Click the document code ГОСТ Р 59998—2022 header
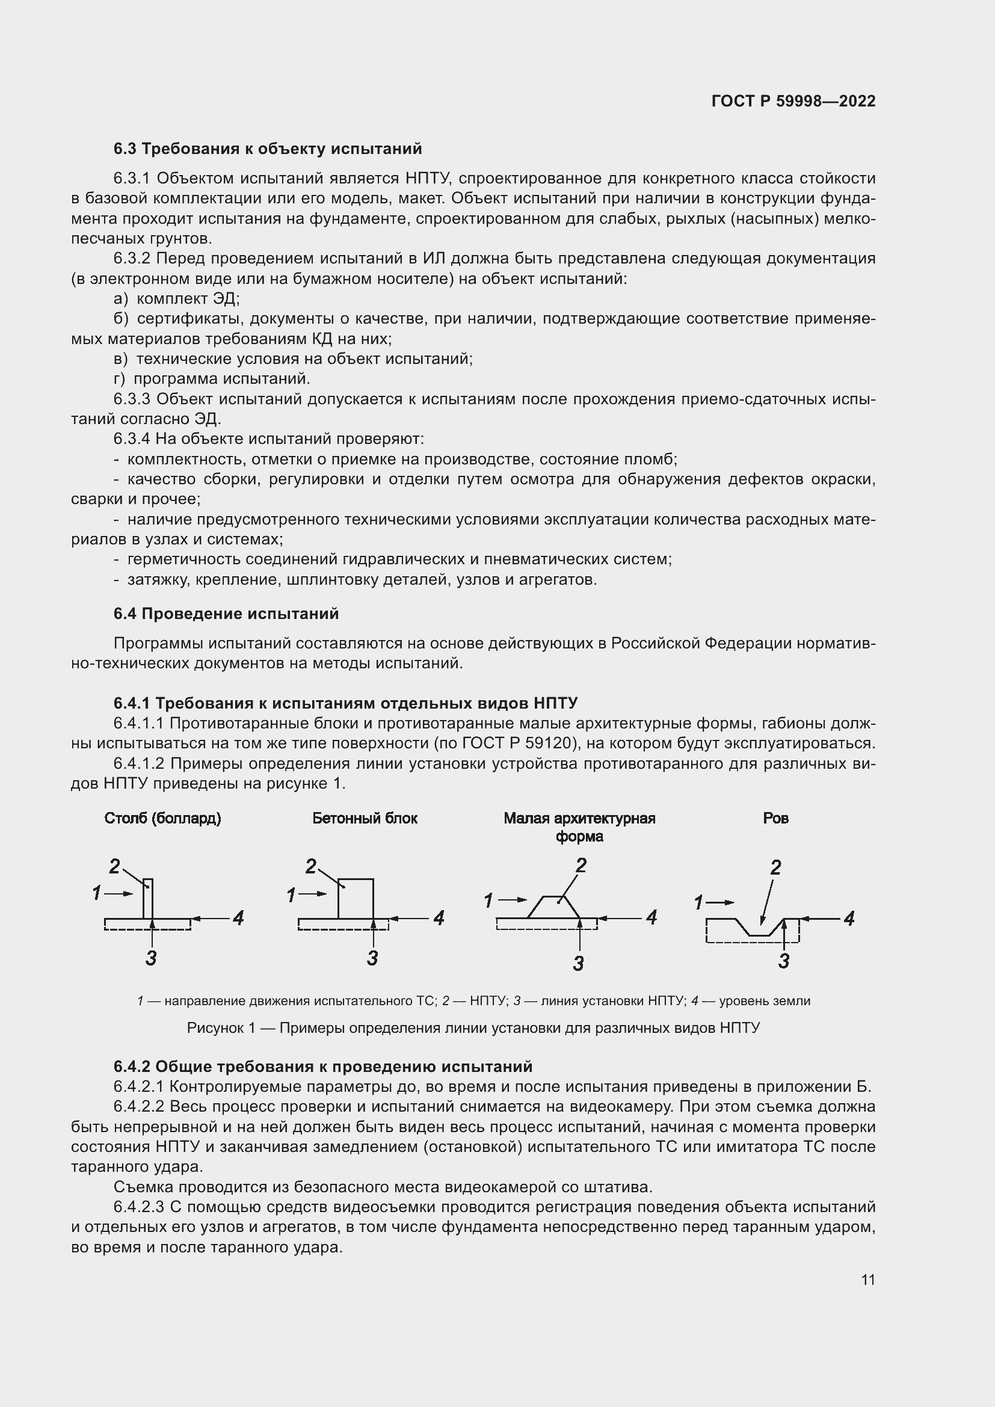point(793,101)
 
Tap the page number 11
point(867,1280)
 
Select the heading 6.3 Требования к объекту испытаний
point(268,149)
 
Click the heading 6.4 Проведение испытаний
point(226,614)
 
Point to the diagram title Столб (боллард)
point(162,819)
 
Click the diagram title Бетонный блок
point(365,819)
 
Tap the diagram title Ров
point(775,819)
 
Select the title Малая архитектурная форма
point(579,827)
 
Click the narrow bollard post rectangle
point(148,898)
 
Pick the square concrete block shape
point(356,898)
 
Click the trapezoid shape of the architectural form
point(553,908)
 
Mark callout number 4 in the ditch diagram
point(849,919)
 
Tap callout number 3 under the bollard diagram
point(152,958)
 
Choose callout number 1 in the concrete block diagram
point(291,895)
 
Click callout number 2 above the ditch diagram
point(775,868)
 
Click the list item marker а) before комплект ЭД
point(121,299)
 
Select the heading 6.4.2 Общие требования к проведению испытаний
point(323,1067)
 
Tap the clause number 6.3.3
point(132,399)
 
